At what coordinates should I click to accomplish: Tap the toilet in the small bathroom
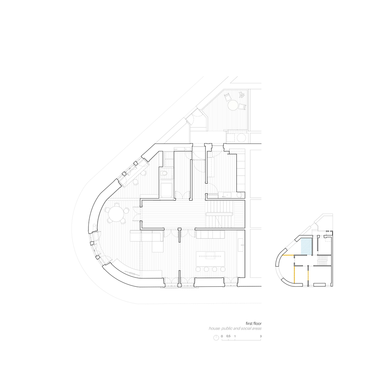[164, 174]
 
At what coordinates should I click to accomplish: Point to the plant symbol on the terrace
[242, 95]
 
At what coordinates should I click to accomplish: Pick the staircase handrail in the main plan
[220, 213]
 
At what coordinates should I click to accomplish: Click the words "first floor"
[253, 323]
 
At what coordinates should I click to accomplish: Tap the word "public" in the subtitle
[229, 328]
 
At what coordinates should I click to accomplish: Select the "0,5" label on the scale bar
[228, 336]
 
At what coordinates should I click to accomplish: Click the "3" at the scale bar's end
[261, 336]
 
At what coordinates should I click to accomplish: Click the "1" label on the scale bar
[235, 336]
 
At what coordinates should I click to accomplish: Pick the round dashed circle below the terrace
[241, 138]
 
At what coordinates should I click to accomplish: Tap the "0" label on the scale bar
[222, 336]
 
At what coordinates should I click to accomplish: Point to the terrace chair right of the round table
[242, 107]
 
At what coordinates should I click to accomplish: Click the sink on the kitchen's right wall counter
[241, 244]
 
